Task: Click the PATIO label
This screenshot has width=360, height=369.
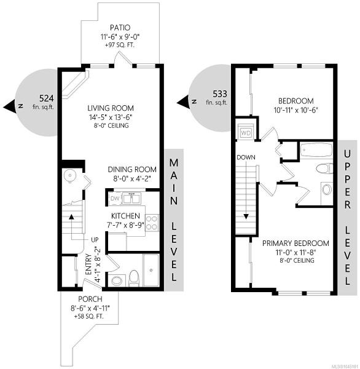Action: pos(120,28)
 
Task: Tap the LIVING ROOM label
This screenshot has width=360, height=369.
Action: pos(111,108)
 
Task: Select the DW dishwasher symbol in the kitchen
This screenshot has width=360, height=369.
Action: pos(115,199)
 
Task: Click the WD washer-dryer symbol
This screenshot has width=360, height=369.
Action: pos(246,133)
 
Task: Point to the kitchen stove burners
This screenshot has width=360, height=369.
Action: pos(152,223)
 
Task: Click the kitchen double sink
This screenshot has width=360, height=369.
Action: pos(131,198)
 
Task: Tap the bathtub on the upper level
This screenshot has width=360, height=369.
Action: pos(316,151)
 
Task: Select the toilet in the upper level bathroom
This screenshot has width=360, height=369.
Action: pos(324,169)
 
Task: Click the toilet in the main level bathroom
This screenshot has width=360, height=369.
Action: pos(135,279)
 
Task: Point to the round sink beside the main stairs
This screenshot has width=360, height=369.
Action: pos(70,175)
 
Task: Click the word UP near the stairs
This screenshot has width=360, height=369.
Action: pos(95,240)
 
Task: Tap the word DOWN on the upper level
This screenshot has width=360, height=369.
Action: pos(246,157)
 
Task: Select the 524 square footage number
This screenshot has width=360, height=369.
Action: pos(46,98)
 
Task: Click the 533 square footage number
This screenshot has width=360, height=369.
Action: pos(220,94)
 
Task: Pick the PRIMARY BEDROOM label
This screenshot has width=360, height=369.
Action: pos(295,243)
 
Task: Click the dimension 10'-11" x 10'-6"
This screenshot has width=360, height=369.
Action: pos(296,110)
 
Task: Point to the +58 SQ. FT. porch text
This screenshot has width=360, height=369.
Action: pos(89,316)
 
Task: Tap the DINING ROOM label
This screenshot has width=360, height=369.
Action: pos(132,170)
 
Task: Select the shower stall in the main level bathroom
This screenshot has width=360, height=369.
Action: pos(151,270)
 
